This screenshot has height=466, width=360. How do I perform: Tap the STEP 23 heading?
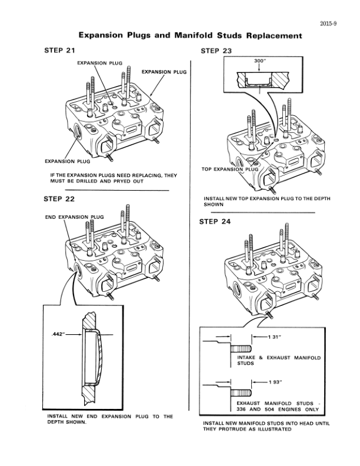click(216, 51)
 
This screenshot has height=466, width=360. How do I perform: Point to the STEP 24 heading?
click(216, 222)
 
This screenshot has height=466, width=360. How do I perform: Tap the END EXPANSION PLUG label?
click(74, 217)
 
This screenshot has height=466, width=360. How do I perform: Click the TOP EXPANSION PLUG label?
click(230, 169)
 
